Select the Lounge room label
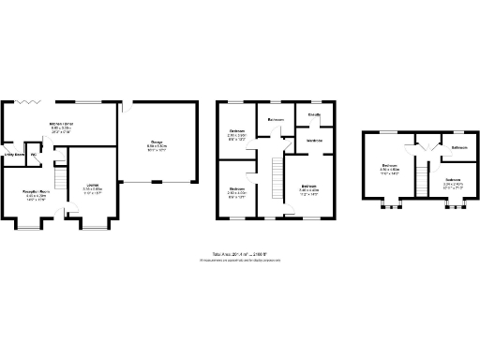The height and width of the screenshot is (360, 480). coord(93,186)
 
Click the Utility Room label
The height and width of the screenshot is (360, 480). coord(14,154)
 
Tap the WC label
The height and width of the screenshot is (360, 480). coord(34,155)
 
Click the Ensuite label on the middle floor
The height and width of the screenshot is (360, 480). coord(315,114)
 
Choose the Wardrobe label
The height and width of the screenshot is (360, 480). coord(315,141)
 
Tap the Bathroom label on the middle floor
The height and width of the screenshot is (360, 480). coord(276,120)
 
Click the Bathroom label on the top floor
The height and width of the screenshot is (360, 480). coord(458,148)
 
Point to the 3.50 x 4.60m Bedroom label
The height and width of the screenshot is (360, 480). coord(389,171)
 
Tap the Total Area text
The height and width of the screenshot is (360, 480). coord(240,253)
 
